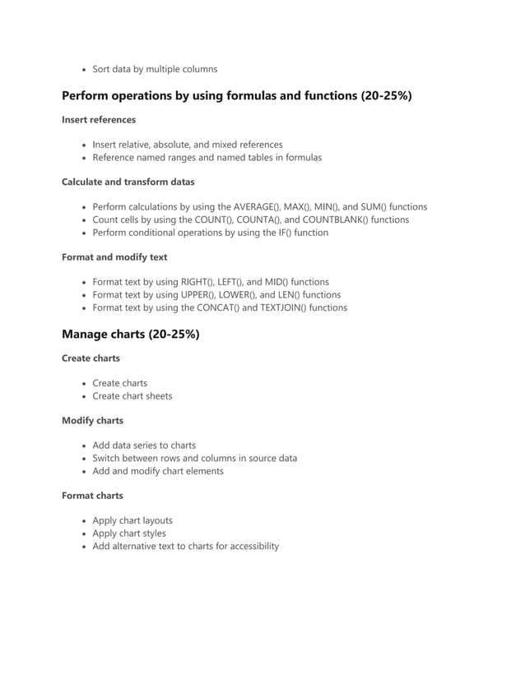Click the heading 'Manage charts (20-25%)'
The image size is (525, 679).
point(130,334)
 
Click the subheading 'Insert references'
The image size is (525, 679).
point(99,120)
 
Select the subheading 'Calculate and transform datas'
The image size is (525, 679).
point(128,182)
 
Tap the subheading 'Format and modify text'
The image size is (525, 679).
point(114,257)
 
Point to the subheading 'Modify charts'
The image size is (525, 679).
point(92,421)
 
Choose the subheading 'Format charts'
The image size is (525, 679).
point(92,496)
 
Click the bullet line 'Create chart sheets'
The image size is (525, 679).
point(132,395)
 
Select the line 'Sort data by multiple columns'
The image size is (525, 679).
point(155,69)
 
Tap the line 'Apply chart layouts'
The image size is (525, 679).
point(132,520)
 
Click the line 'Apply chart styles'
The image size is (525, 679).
point(129,533)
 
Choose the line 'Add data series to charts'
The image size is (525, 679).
point(144,446)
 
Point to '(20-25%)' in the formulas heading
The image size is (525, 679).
point(386,96)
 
